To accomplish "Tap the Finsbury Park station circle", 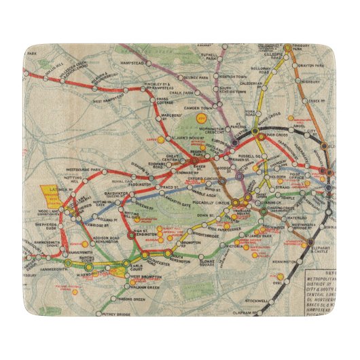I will point(288,48).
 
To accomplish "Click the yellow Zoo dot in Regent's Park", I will point(200,119).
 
